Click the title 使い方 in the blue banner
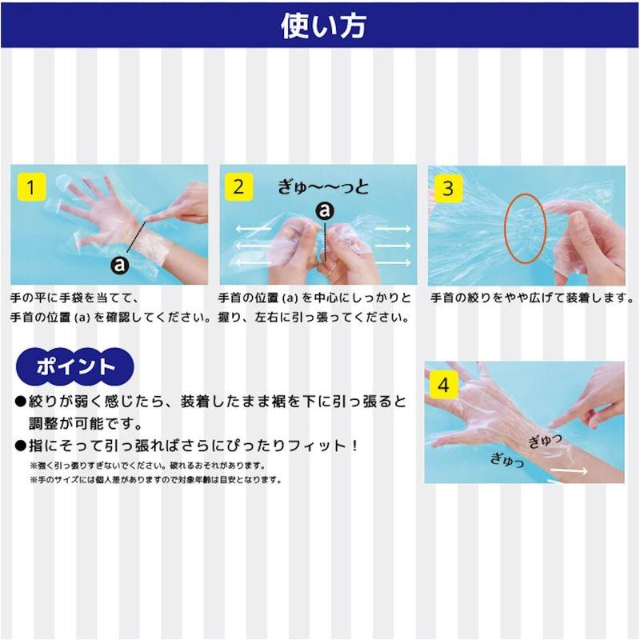click(322, 26)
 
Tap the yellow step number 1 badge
click(31, 189)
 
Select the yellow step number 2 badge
click(238, 189)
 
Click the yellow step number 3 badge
click(448, 189)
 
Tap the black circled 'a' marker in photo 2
click(325, 210)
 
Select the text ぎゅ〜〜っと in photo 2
click(324, 186)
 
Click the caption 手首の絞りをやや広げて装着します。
click(532, 298)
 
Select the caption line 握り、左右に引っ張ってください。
click(318, 316)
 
